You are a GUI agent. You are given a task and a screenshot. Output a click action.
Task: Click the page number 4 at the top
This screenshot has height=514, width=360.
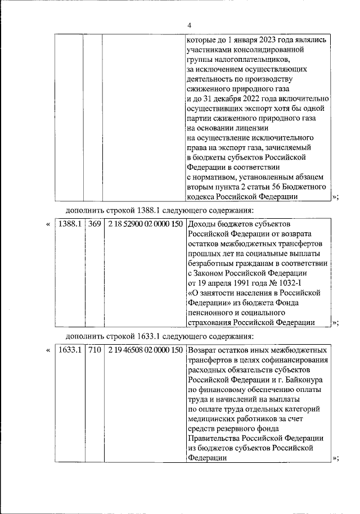(189, 25)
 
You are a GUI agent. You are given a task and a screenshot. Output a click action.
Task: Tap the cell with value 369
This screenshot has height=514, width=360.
(94, 224)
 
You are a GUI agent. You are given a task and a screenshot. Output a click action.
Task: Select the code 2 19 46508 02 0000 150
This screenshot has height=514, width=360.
(146, 350)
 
